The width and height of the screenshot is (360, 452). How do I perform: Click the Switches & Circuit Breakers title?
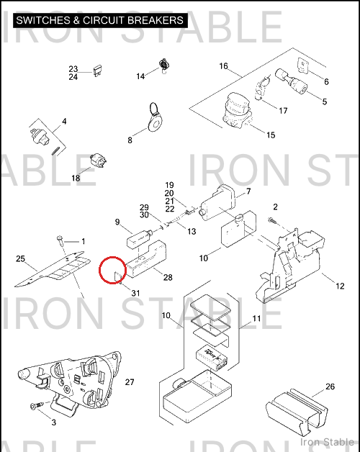[x=100, y=20]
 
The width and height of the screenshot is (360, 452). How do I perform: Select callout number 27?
[x=130, y=382]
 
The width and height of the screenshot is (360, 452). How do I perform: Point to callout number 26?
[x=330, y=387]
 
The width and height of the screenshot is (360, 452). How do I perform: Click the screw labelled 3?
[x=36, y=406]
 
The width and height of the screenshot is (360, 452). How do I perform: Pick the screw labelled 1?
[x=60, y=240]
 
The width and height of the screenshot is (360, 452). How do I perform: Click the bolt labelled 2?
[x=271, y=220]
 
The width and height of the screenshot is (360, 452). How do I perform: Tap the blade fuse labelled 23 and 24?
[x=96, y=71]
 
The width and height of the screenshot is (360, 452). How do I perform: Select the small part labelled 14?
[x=164, y=65]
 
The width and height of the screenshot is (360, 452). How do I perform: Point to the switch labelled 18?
[x=98, y=161]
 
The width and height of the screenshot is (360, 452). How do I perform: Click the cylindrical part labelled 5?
[x=292, y=81]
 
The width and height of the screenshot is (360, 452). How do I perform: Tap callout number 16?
[x=223, y=66]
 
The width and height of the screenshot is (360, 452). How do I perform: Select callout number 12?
[x=340, y=286]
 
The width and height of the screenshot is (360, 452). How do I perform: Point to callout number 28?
[x=168, y=277]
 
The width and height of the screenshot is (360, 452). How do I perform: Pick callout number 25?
[x=20, y=259]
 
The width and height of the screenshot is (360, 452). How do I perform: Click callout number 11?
[x=256, y=319]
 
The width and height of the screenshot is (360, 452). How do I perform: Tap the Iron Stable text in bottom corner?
[x=327, y=442]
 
